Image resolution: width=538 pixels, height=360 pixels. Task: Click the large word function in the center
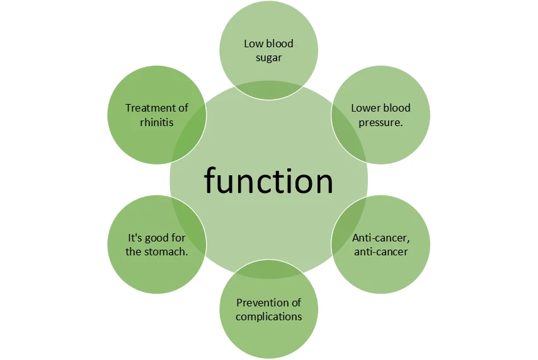tap(268, 182)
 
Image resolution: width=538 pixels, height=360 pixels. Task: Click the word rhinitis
tap(156, 122)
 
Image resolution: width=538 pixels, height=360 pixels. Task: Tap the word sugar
tap(268, 58)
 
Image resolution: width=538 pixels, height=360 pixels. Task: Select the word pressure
tap(381, 122)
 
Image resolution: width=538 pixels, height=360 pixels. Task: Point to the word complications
tap(268, 316)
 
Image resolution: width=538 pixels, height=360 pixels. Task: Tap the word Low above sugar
tap(253, 44)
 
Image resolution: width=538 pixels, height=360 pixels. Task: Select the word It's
tap(135, 238)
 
